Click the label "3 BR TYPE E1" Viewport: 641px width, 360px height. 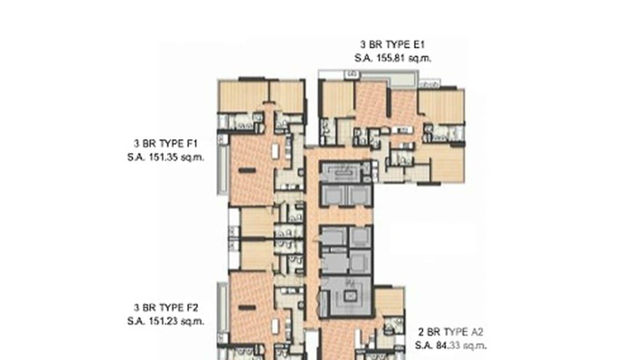(x=393, y=45)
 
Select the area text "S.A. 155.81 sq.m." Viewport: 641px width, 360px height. (x=393, y=58)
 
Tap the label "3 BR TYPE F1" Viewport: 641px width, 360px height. (x=166, y=143)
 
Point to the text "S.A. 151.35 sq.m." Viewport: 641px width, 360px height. (x=166, y=157)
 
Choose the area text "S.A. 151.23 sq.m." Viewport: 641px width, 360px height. (x=166, y=321)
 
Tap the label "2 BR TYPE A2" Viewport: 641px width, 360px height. (x=451, y=332)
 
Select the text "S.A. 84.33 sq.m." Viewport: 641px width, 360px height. (x=451, y=345)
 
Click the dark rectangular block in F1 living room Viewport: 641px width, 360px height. (x=247, y=170)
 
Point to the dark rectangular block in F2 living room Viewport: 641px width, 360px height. (x=247, y=307)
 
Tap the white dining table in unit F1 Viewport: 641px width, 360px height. (x=276, y=151)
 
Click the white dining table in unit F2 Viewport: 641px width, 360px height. (x=276, y=327)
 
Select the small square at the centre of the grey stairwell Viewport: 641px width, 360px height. (x=349, y=296)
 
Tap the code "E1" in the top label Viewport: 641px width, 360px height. (x=419, y=45)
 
